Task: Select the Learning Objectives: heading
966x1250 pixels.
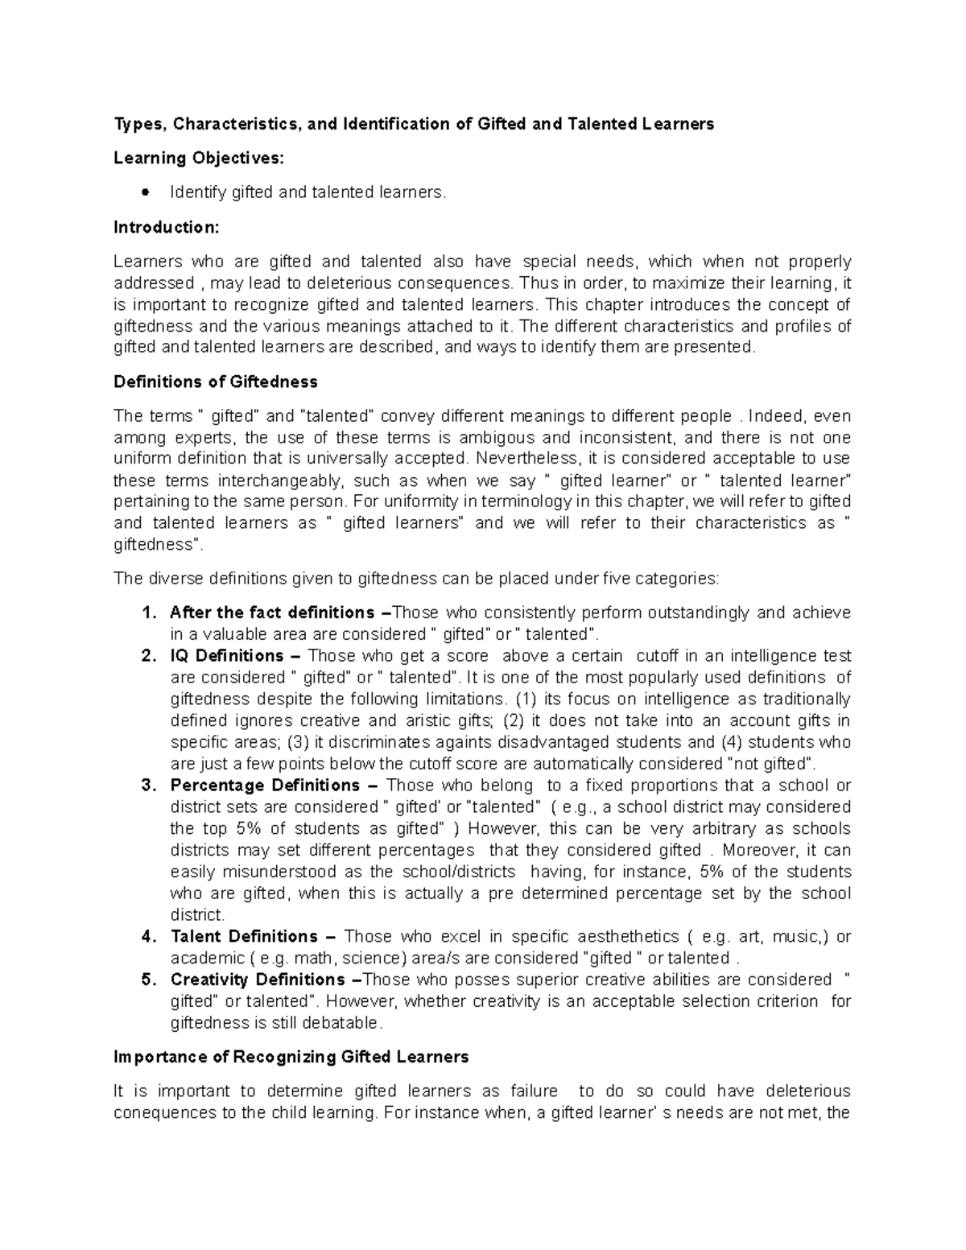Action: [x=199, y=158]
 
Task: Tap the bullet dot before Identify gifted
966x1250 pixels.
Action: [x=145, y=192]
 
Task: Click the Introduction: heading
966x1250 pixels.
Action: [x=166, y=227]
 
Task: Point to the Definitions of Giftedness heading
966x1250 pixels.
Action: [x=215, y=382]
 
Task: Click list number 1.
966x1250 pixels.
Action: [x=147, y=613]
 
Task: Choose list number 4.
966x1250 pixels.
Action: [x=147, y=937]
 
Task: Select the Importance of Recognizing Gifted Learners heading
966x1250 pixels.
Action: [x=291, y=1057]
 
